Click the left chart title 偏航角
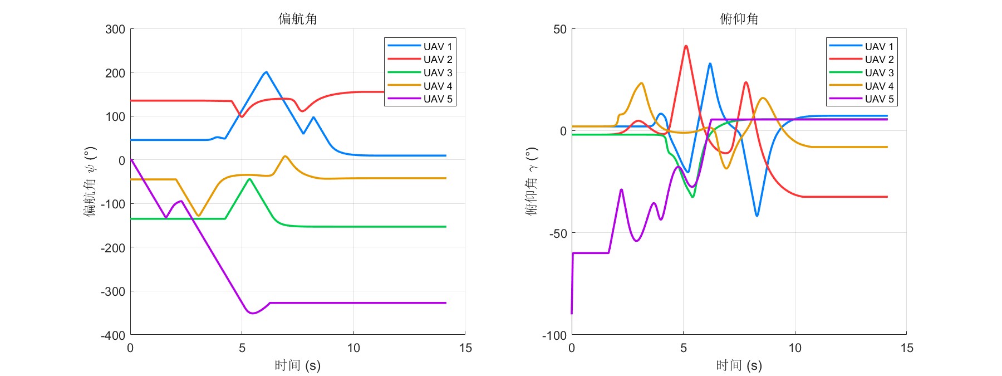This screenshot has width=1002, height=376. click(x=298, y=19)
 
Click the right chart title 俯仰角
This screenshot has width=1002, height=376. click(x=739, y=19)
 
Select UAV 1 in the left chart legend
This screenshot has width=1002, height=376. click(x=438, y=46)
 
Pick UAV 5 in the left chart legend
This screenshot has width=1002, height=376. click(x=438, y=99)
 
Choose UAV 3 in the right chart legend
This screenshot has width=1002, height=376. click(x=879, y=73)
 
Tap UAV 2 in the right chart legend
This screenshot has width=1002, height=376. click(x=879, y=60)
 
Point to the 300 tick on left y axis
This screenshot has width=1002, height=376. click(x=115, y=29)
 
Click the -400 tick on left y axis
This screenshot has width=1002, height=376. click(x=113, y=335)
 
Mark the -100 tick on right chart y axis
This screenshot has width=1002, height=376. click(x=554, y=335)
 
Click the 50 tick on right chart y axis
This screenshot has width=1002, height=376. click(x=560, y=29)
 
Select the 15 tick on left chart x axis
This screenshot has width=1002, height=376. click(x=465, y=348)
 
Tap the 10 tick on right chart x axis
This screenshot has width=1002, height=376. click(x=795, y=348)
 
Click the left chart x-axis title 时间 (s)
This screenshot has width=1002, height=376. click(x=298, y=365)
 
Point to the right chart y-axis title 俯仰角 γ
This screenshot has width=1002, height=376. click(x=532, y=181)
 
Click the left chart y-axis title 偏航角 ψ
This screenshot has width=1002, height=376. click(x=90, y=181)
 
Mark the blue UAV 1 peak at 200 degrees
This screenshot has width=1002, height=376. click(x=266, y=72)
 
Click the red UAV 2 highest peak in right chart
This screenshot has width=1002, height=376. click(x=686, y=46)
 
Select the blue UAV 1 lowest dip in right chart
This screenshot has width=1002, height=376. click(x=757, y=216)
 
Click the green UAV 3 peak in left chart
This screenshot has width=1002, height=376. click(x=249, y=179)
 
